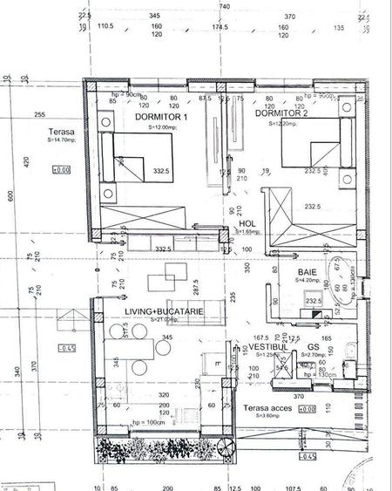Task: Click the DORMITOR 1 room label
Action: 161,117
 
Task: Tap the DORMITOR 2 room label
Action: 281,113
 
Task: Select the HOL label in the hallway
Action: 247,223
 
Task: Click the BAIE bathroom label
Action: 308,272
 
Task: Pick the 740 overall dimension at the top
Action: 224,6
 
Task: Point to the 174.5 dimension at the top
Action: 220,28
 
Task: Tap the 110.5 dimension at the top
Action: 106,28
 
